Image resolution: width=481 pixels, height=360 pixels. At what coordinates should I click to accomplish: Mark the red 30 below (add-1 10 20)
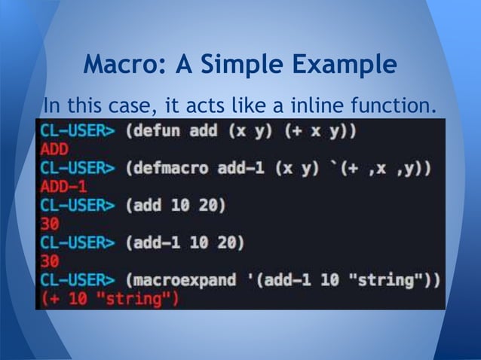click(50, 262)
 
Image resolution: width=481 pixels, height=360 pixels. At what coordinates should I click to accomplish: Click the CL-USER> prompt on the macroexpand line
click(78, 281)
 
